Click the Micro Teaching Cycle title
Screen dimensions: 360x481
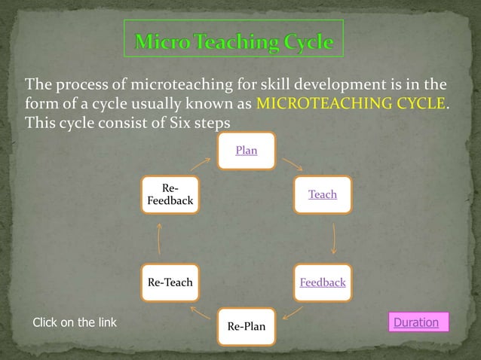click(x=234, y=42)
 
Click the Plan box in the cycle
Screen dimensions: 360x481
click(x=246, y=151)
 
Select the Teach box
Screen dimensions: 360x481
click(x=322, y=195)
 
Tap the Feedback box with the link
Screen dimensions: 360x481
click(x=322, y=283)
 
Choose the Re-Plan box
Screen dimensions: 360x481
click(x=246, y=327)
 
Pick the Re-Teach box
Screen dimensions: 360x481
click(x=170, y=283)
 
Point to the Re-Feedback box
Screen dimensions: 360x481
click(x=170, y=195)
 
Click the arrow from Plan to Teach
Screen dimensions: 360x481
click(x=292, y=163)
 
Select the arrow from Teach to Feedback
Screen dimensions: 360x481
click(x=332, y=239)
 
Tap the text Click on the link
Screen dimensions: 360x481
click(x=74, y=323)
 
